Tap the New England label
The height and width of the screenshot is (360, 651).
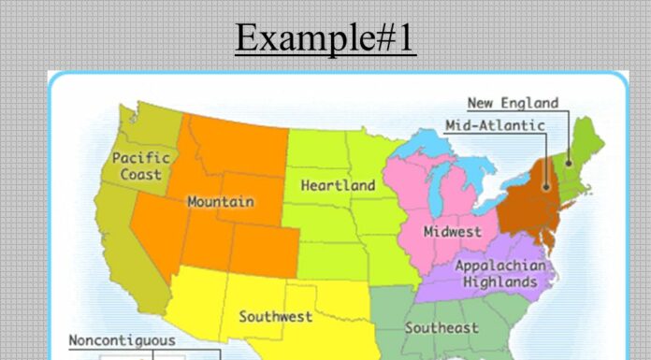pos(513,103)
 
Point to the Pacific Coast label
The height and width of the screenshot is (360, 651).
pos(140,166)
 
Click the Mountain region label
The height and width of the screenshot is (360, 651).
pos(220,201)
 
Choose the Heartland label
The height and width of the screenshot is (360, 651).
pos(338,185)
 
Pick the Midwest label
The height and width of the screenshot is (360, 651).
pos(452,231)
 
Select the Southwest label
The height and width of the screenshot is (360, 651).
pos(275,316)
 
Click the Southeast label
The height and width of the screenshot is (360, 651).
pos(441,328)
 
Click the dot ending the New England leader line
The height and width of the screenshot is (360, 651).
pos(569,165)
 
